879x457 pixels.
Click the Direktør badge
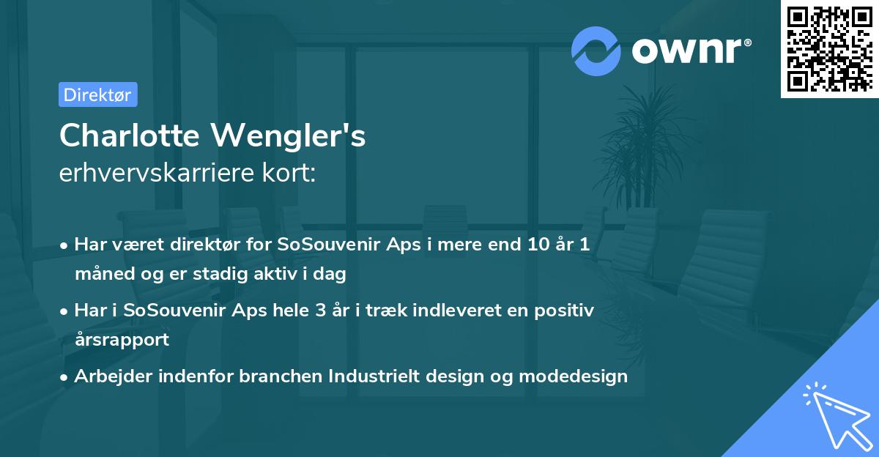(x=97, y=94)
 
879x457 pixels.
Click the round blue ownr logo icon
(x=596, y=51)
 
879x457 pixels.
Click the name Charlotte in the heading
(x=130, y=135)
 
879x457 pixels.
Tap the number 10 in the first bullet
(x=530, y=245)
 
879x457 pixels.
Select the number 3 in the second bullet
(x=320, y=310)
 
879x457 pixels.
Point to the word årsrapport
(x=122, y=339)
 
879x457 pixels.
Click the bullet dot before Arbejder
(x=64, y=376)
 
